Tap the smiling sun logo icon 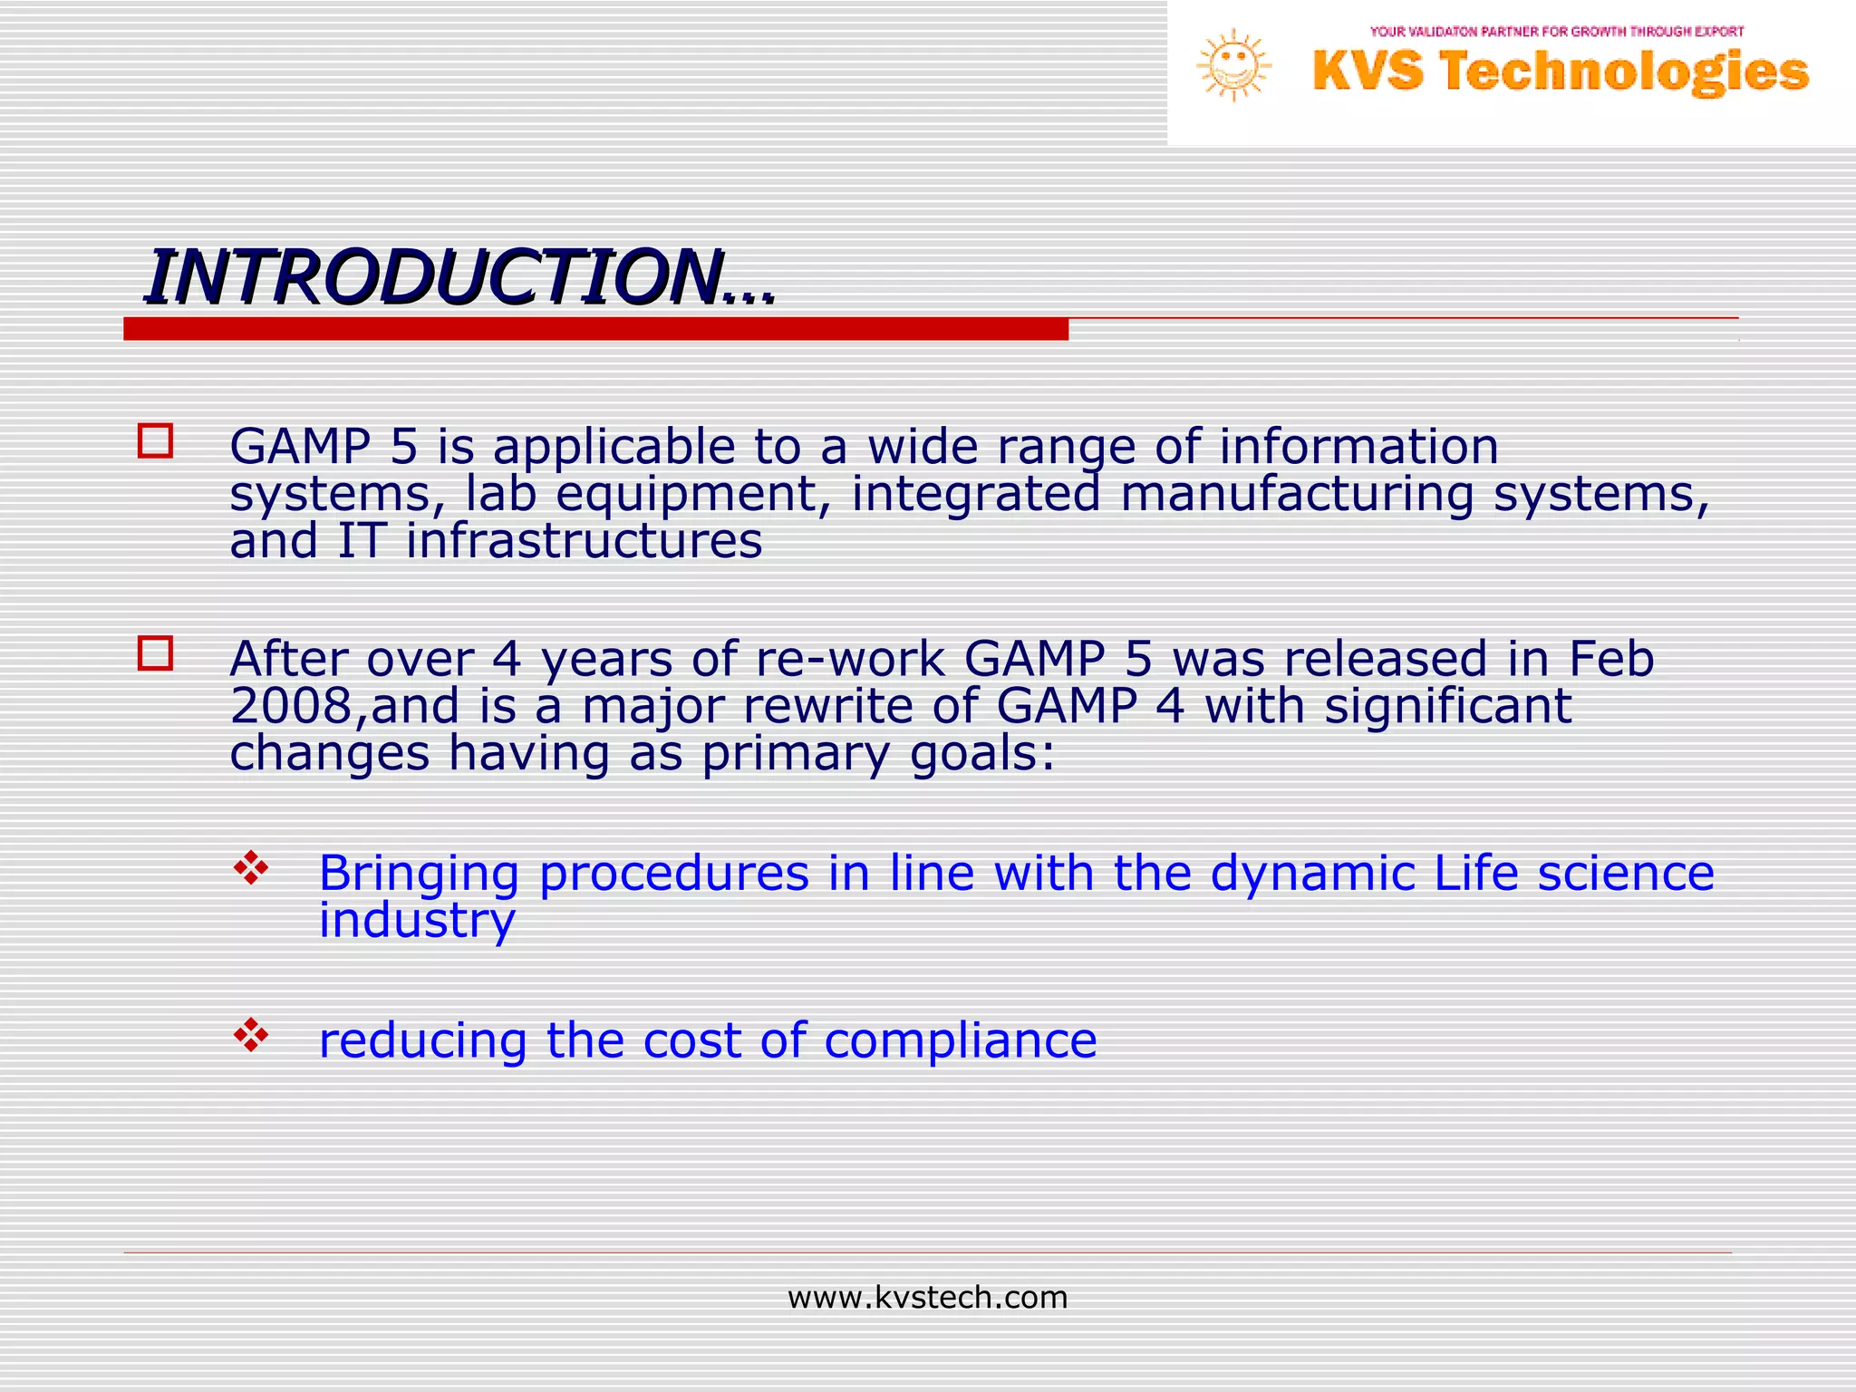point(1233,65)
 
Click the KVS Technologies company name point(1560,72)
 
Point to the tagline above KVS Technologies point(1556,32)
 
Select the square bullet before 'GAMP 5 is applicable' point(155,441)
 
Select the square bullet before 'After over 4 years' point(155,653)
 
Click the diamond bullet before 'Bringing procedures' point(251,868)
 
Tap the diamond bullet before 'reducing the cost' point(251,1035)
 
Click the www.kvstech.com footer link point(927,1298)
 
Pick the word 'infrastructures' point(584,541)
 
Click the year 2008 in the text point(290,706)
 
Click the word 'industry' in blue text point(417,921)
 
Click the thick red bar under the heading point(595,329)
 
